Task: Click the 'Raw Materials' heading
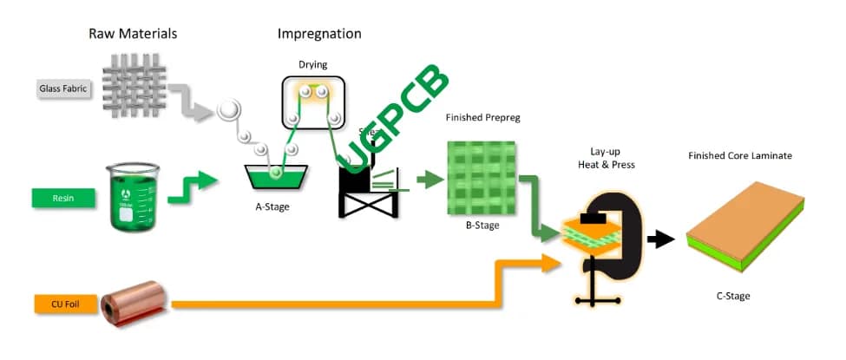click(133, 34)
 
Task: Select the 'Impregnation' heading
click(319, 34)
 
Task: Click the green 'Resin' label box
click(63, 198)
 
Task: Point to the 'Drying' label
click(313, 66)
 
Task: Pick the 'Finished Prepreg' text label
click(482, 117)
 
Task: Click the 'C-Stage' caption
click(733, 296)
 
